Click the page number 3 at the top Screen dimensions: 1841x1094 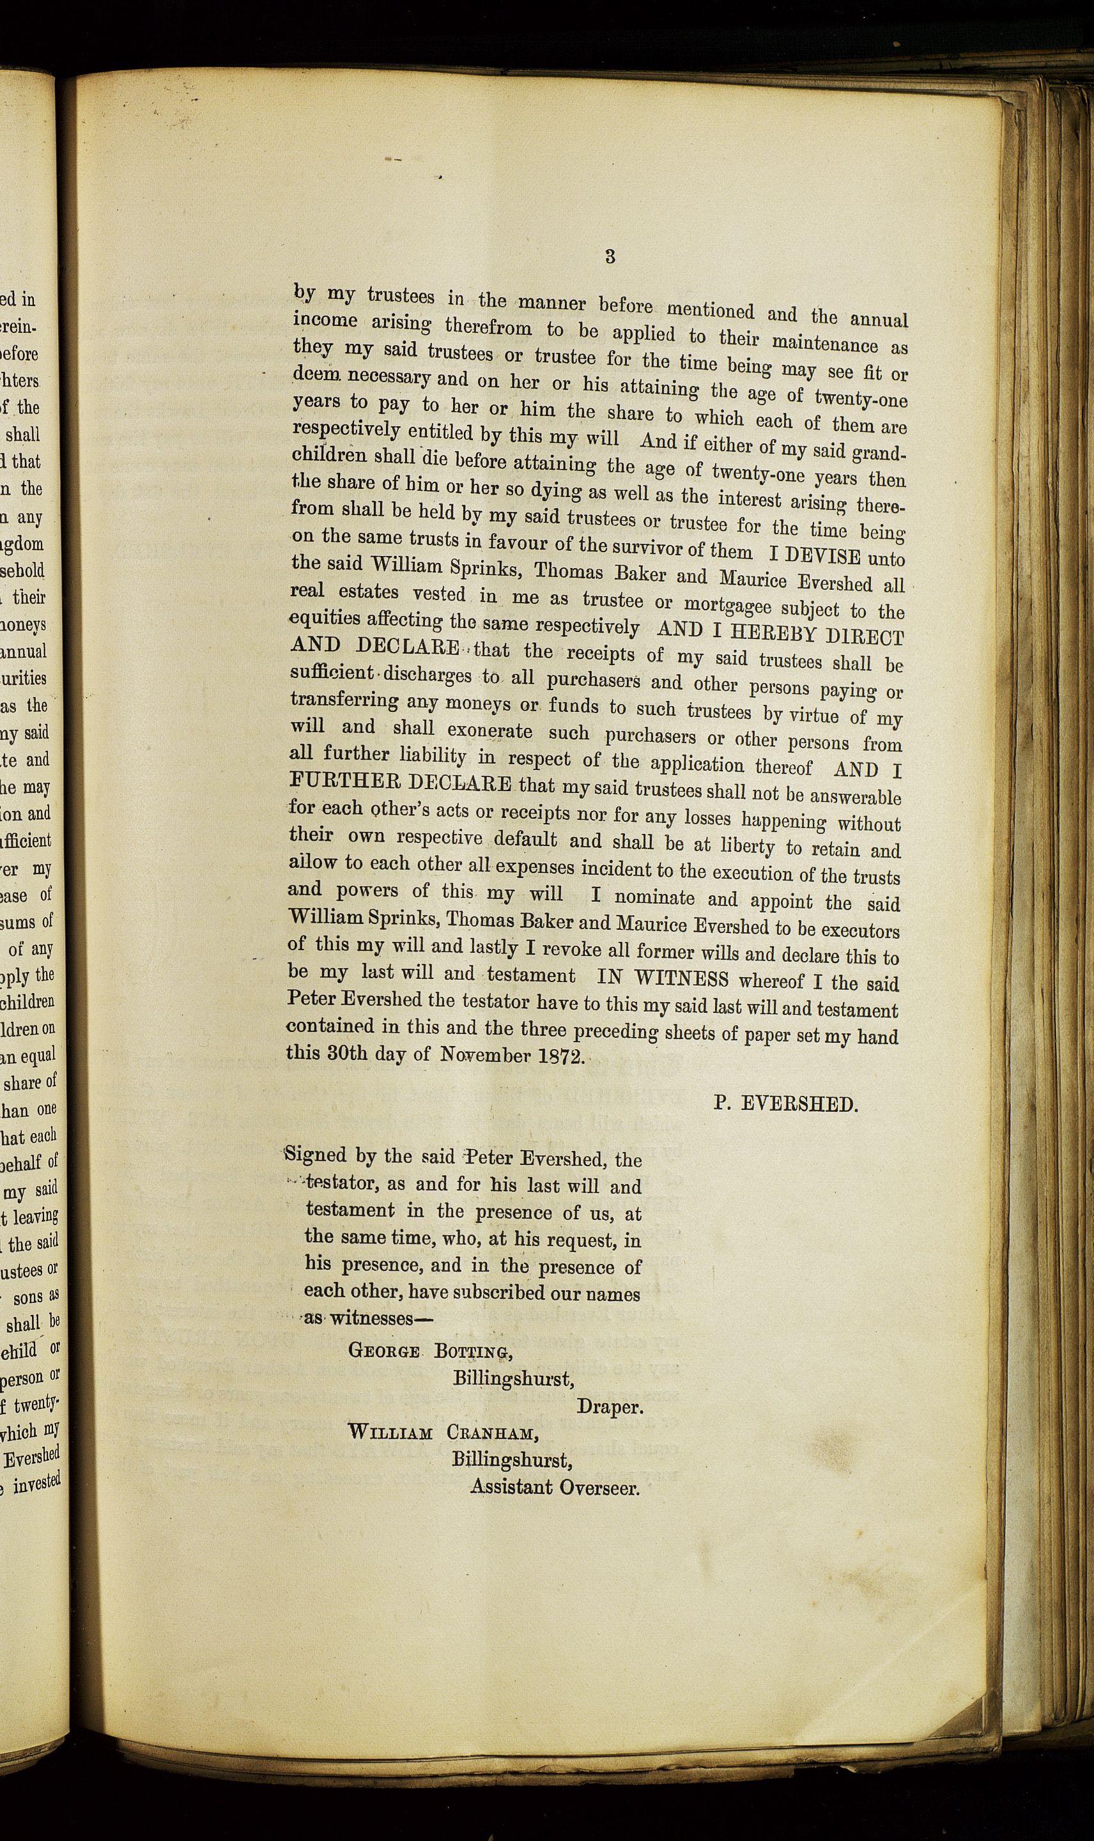pyautogui.click(x=610, y=256)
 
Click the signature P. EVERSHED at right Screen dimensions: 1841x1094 pyautogui.click(x=785, y=1104)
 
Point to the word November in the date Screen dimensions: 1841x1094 pyautogui.click(x=485, y=1054)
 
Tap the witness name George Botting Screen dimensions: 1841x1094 pyautogui.click(x=431, y=1352)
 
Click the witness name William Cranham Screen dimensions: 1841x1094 pyautogui.click(x=443, y=1433)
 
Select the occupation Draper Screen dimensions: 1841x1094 pyautogui.click(x=610, y=1406)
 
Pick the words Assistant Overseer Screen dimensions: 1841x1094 pyautogui.click(x=555, y=1486)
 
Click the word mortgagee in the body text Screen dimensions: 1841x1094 pyautogui.click(x=725, y=605)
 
